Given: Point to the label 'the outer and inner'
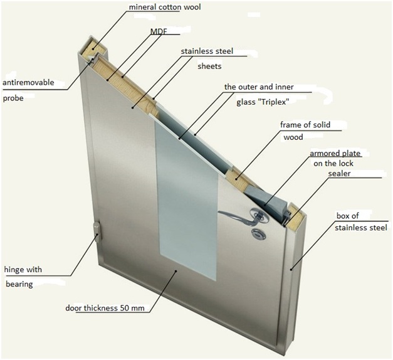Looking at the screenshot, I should tap(259, 87).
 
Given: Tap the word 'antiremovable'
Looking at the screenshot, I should tap(28, 82).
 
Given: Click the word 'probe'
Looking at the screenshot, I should tap(13, 98).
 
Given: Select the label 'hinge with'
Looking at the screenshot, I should tap(23, 270).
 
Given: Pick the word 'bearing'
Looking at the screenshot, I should tap(18, 284).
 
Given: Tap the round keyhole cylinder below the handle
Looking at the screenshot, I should tap(258, 235).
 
